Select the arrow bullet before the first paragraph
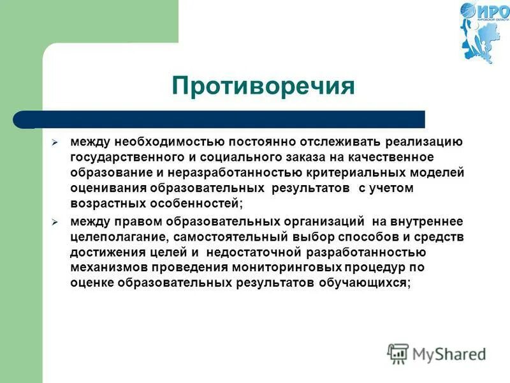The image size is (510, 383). pyautogui.click(x=55, y=142)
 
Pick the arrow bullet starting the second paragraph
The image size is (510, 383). pyautogui.click(x=55, y=222)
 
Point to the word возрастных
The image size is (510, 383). pyautogui.click(x=105, y=204)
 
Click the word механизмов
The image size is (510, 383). pyautogui.click(x=106, y=268)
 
